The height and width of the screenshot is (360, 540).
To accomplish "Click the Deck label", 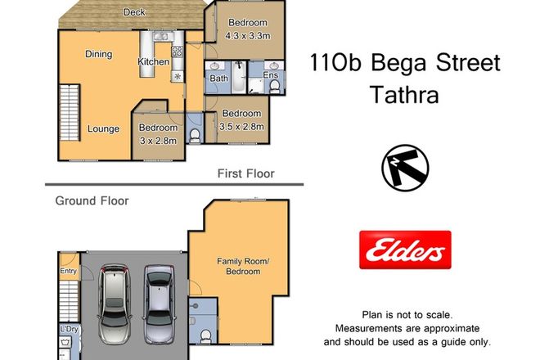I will (134, 12).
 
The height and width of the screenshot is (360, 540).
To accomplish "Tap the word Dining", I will (99, 54).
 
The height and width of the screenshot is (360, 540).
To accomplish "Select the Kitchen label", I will (153, 62).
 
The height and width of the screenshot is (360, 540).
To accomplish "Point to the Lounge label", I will (104, 128).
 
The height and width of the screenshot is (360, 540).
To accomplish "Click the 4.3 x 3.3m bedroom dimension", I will (246, 36).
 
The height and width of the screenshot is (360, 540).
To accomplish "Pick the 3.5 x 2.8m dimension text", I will (241, 126).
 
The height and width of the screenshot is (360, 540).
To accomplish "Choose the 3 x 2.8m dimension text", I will (158, 141).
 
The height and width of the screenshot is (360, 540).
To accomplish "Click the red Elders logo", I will (407, 248).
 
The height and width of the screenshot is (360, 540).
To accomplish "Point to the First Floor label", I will (245, 173).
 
